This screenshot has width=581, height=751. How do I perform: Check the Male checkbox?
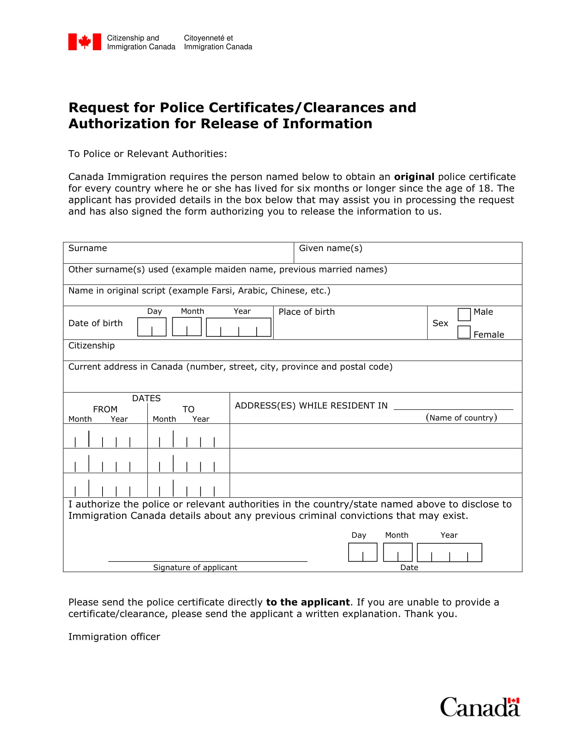point(464,314)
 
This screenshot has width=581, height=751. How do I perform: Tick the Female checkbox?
point(464,332)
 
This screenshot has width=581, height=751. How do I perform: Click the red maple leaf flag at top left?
point(85,42)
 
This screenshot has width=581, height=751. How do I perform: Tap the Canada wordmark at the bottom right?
point(480,707)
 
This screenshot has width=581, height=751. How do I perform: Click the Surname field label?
point(87,248)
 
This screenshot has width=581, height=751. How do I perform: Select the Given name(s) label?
point(330,248)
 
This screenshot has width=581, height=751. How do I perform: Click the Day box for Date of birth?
point(152,327)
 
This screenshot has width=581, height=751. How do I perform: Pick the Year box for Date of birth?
point(239,327)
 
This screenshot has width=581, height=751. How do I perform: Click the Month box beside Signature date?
point(397,552)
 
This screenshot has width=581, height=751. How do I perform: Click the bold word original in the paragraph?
point(414,177)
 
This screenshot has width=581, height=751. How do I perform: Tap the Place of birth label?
point(306,312)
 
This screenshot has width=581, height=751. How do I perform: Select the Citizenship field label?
point(92,345)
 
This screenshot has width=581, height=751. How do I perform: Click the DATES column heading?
point(146,398)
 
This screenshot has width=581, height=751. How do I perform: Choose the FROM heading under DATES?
point(105,409)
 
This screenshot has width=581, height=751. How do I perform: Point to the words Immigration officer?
point(114,637)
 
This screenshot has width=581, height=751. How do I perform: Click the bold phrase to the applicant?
point(308,602)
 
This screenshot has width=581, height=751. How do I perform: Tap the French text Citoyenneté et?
point(208,38)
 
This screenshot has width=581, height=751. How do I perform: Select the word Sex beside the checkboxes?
point(440,323)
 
